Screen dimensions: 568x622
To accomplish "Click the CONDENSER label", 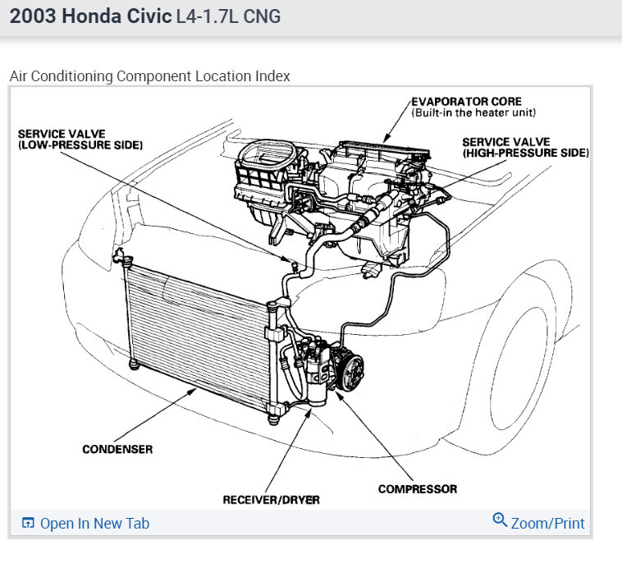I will [117, 449].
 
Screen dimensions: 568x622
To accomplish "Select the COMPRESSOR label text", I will [417, 489].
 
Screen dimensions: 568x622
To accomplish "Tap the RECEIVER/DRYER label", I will [271, 499].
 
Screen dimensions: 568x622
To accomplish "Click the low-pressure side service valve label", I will [80, 139].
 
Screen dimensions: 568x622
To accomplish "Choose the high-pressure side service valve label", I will [525, 148].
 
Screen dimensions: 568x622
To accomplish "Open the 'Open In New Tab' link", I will [94, 523].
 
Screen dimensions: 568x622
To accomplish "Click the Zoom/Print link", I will [547, 523].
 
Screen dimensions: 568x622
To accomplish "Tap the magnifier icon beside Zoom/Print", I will [500, 520].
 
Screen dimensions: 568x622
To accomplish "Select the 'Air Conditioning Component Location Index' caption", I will [149, 76].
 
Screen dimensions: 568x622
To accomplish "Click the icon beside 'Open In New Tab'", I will [28, 523].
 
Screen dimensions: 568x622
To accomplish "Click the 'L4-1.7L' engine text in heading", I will [207, 17].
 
